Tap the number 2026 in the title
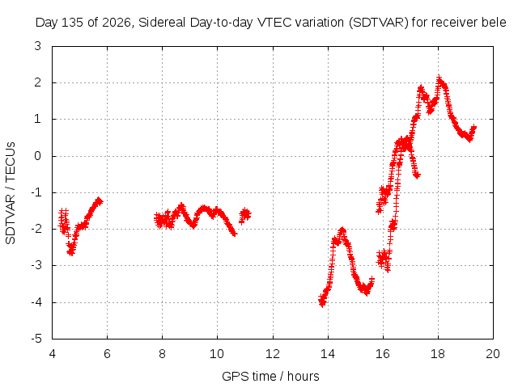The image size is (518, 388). pyautogui.click(x=117, y=23)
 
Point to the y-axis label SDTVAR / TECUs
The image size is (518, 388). pyautogui.click(x=11, y=193)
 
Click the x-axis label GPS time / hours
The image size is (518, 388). pyautogui.click(x=270, y=376)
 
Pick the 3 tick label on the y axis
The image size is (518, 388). pyautogui.click(x=38, y=46)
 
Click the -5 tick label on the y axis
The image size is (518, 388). pyautogui.click(x=36, y=339)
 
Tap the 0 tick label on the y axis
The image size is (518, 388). pyautogui.click(x=38, y=156)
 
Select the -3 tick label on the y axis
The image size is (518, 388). pyautogui.click(x=36, y=265)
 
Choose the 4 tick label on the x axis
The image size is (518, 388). pyautogui.click(x=52, y=354)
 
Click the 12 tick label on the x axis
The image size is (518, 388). pyautogui.click(x=273, y=354)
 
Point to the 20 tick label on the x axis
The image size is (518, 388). pyautogui.click(x=493, y=354)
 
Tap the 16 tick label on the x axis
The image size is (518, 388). pyautogui.click(x=383, y=354)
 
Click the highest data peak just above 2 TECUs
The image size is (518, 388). pyautogui.click(x=439, y=78)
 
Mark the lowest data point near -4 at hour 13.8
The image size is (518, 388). pyautogui.click(x=322, y=304)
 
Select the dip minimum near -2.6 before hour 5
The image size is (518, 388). pyautogui.click(x=70, y=253)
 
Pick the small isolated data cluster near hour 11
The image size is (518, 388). pyautogui.click(x=244, y=215)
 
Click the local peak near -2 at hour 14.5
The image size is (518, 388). pyautogui.click(x=342, y=230)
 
